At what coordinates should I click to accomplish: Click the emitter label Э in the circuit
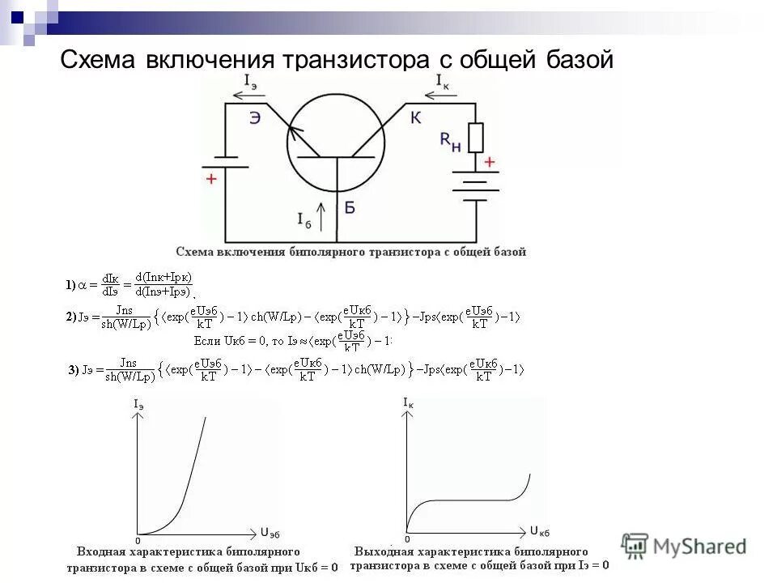click(x=255, y=119)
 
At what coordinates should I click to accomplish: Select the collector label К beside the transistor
click(x=415, y=118)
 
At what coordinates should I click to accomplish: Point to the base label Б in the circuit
click(x=350, y=208)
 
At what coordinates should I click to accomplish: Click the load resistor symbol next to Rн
click(x=476, y=138)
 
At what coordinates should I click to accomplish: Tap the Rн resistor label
click(x=450, y=142)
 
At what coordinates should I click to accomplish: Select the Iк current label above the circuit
click(x=443, y=82)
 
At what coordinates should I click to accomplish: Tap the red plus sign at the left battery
click(x=211, y=179)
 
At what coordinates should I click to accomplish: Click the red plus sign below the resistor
click(x=489, y=162)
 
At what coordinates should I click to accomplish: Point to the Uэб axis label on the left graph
click(x=271, y=532)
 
